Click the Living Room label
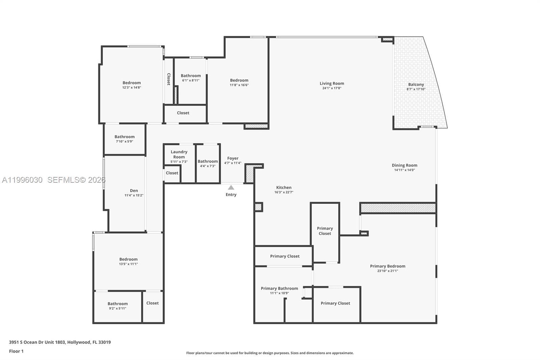[332, 83]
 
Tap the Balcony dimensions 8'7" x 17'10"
[416, 89]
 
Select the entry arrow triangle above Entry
[231, 188]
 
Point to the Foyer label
[233, 158]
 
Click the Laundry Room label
[179, 154]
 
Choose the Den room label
[134, 190]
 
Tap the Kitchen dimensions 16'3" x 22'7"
[283, 192]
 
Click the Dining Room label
[404, 165]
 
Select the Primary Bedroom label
[387, 266]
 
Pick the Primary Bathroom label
[279, 288]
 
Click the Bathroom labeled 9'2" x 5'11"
[117, 304]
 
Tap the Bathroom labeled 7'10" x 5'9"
[124, 137]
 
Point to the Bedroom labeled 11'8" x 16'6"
[239, 80]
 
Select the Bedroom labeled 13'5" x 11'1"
[128, 259]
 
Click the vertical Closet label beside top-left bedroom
[168, 79]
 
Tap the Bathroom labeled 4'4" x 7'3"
[208, 161]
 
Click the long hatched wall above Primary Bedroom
[398, 208]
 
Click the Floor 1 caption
[16, 351]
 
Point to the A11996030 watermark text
[22, 180]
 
